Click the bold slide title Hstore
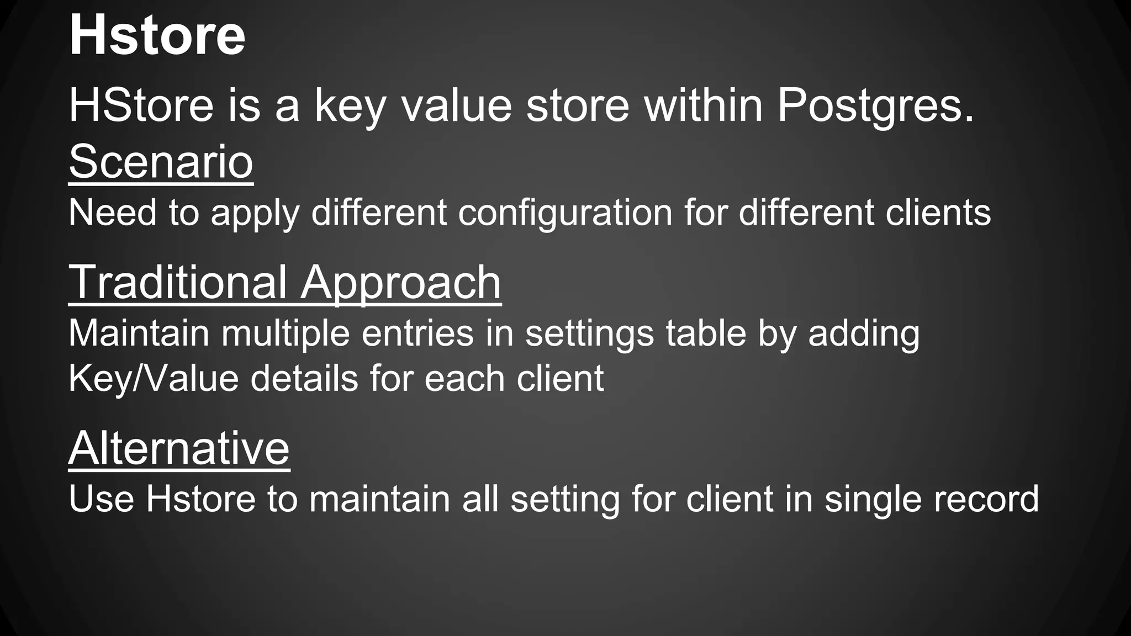click(x=157, y=36)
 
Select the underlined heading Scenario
click(x=161, y=162)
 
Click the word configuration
click(x=565, y=213)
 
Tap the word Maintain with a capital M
click(x=139, y=333)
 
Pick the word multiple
click(x=286, y=334)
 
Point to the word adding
click(x=864, y=334)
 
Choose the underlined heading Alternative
click(x=179, y=448)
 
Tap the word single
click(x=872, y=500)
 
